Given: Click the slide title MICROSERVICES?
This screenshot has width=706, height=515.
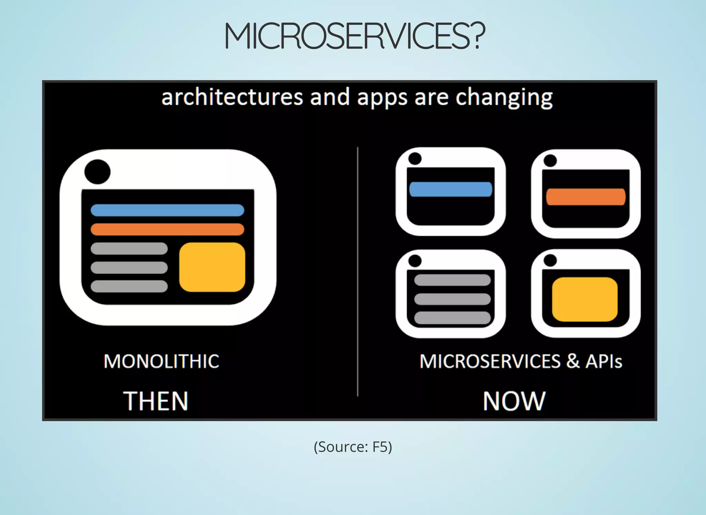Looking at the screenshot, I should tap(355, 36).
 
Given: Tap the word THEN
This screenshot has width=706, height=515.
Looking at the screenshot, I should tap(156, 401).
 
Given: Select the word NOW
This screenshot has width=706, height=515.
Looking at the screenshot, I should tap(514, 401).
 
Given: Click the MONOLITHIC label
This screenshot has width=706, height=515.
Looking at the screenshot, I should tap(161, 361).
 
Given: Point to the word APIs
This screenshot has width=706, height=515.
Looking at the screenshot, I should tap(604, 361).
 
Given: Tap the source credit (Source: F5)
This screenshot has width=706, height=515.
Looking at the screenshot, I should tap(353, 447).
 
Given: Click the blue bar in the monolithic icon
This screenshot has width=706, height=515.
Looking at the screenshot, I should tap(167, 210).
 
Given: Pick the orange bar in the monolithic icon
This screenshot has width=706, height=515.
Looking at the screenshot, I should tap(167, 229).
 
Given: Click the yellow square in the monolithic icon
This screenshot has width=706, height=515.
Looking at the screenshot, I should tap(212, 267).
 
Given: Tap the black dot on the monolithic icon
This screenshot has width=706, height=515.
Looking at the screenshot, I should tap(98, 172).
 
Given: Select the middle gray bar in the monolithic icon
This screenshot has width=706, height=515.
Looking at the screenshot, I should tap(129, 267).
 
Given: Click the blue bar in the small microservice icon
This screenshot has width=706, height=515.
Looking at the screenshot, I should tap(451, 189).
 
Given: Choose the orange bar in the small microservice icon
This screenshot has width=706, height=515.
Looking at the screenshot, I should tap(586, 197).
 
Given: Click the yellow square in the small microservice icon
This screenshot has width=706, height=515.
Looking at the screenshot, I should tap(585, 299).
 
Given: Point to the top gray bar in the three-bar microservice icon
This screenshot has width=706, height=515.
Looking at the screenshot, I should tap(452, 280).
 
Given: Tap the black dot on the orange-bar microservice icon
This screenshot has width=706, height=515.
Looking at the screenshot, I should tap(550, 160).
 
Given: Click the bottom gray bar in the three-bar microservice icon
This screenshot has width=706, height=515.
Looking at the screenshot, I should tap(452, 317).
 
